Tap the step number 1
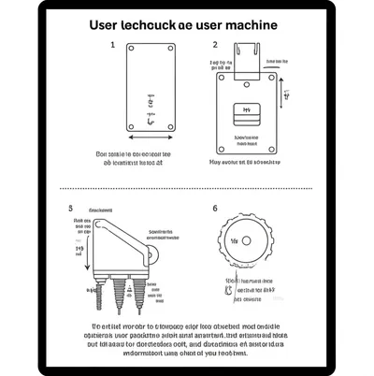113,44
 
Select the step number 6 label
214,209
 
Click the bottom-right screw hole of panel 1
168,126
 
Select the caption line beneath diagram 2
245,161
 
